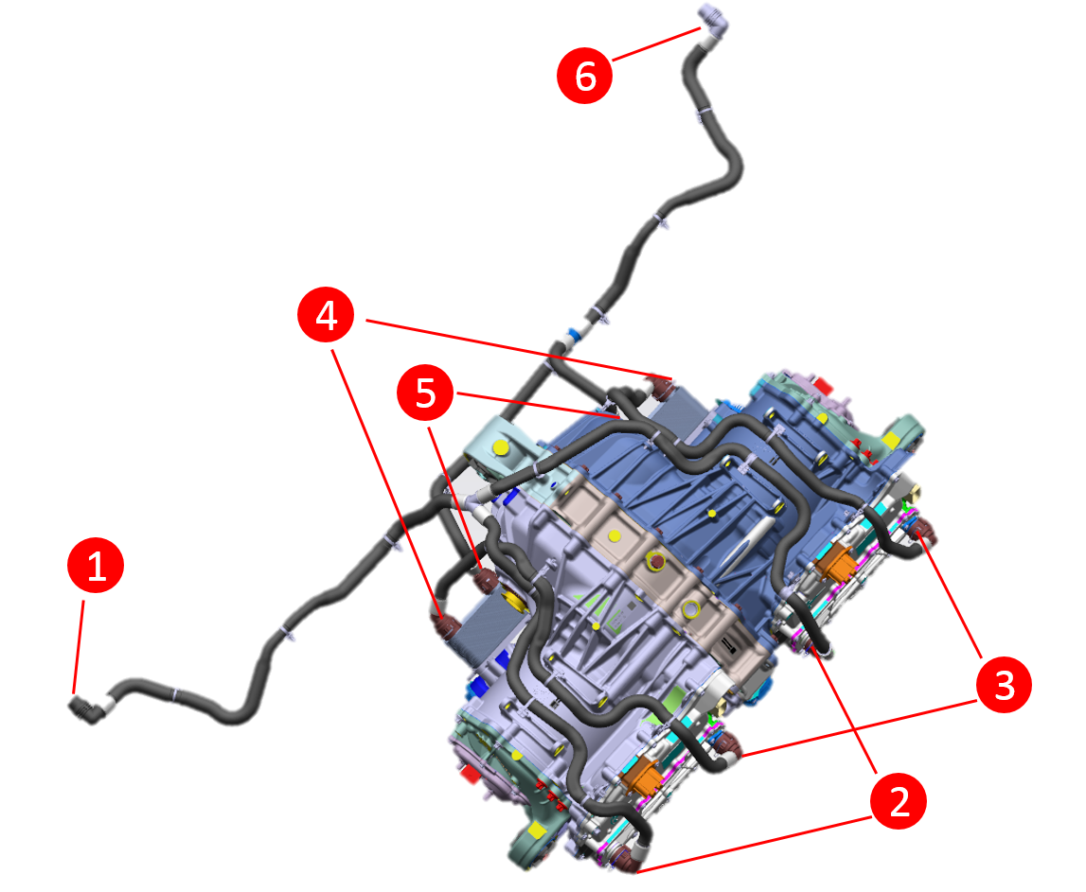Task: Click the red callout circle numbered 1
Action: coord(96,566)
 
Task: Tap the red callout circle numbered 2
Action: coord(899,800)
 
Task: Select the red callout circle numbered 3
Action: coord(1004,685)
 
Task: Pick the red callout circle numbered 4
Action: coord(326,315)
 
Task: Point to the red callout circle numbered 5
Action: coord(425,393)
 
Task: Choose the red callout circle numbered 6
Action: coord(584,75)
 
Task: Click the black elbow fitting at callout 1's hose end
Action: coord(85,710)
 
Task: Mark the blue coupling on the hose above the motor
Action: coord(573,337)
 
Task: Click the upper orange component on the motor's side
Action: coord(835,562)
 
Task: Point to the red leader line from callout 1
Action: coord(79,647)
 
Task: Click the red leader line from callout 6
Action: coord(656,44)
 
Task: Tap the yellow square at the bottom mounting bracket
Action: coord(537,829)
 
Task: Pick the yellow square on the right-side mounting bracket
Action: coord(891,440)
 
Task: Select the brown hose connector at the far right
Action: coord(923,532)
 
